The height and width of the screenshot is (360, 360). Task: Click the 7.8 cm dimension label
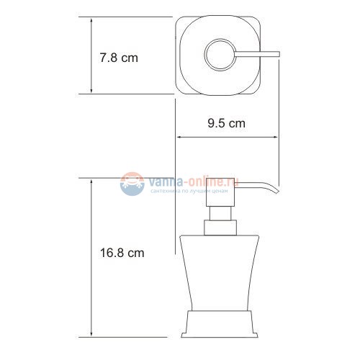[x=118, y=57]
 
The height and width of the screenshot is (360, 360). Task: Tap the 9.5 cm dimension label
[x=227, y=124]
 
